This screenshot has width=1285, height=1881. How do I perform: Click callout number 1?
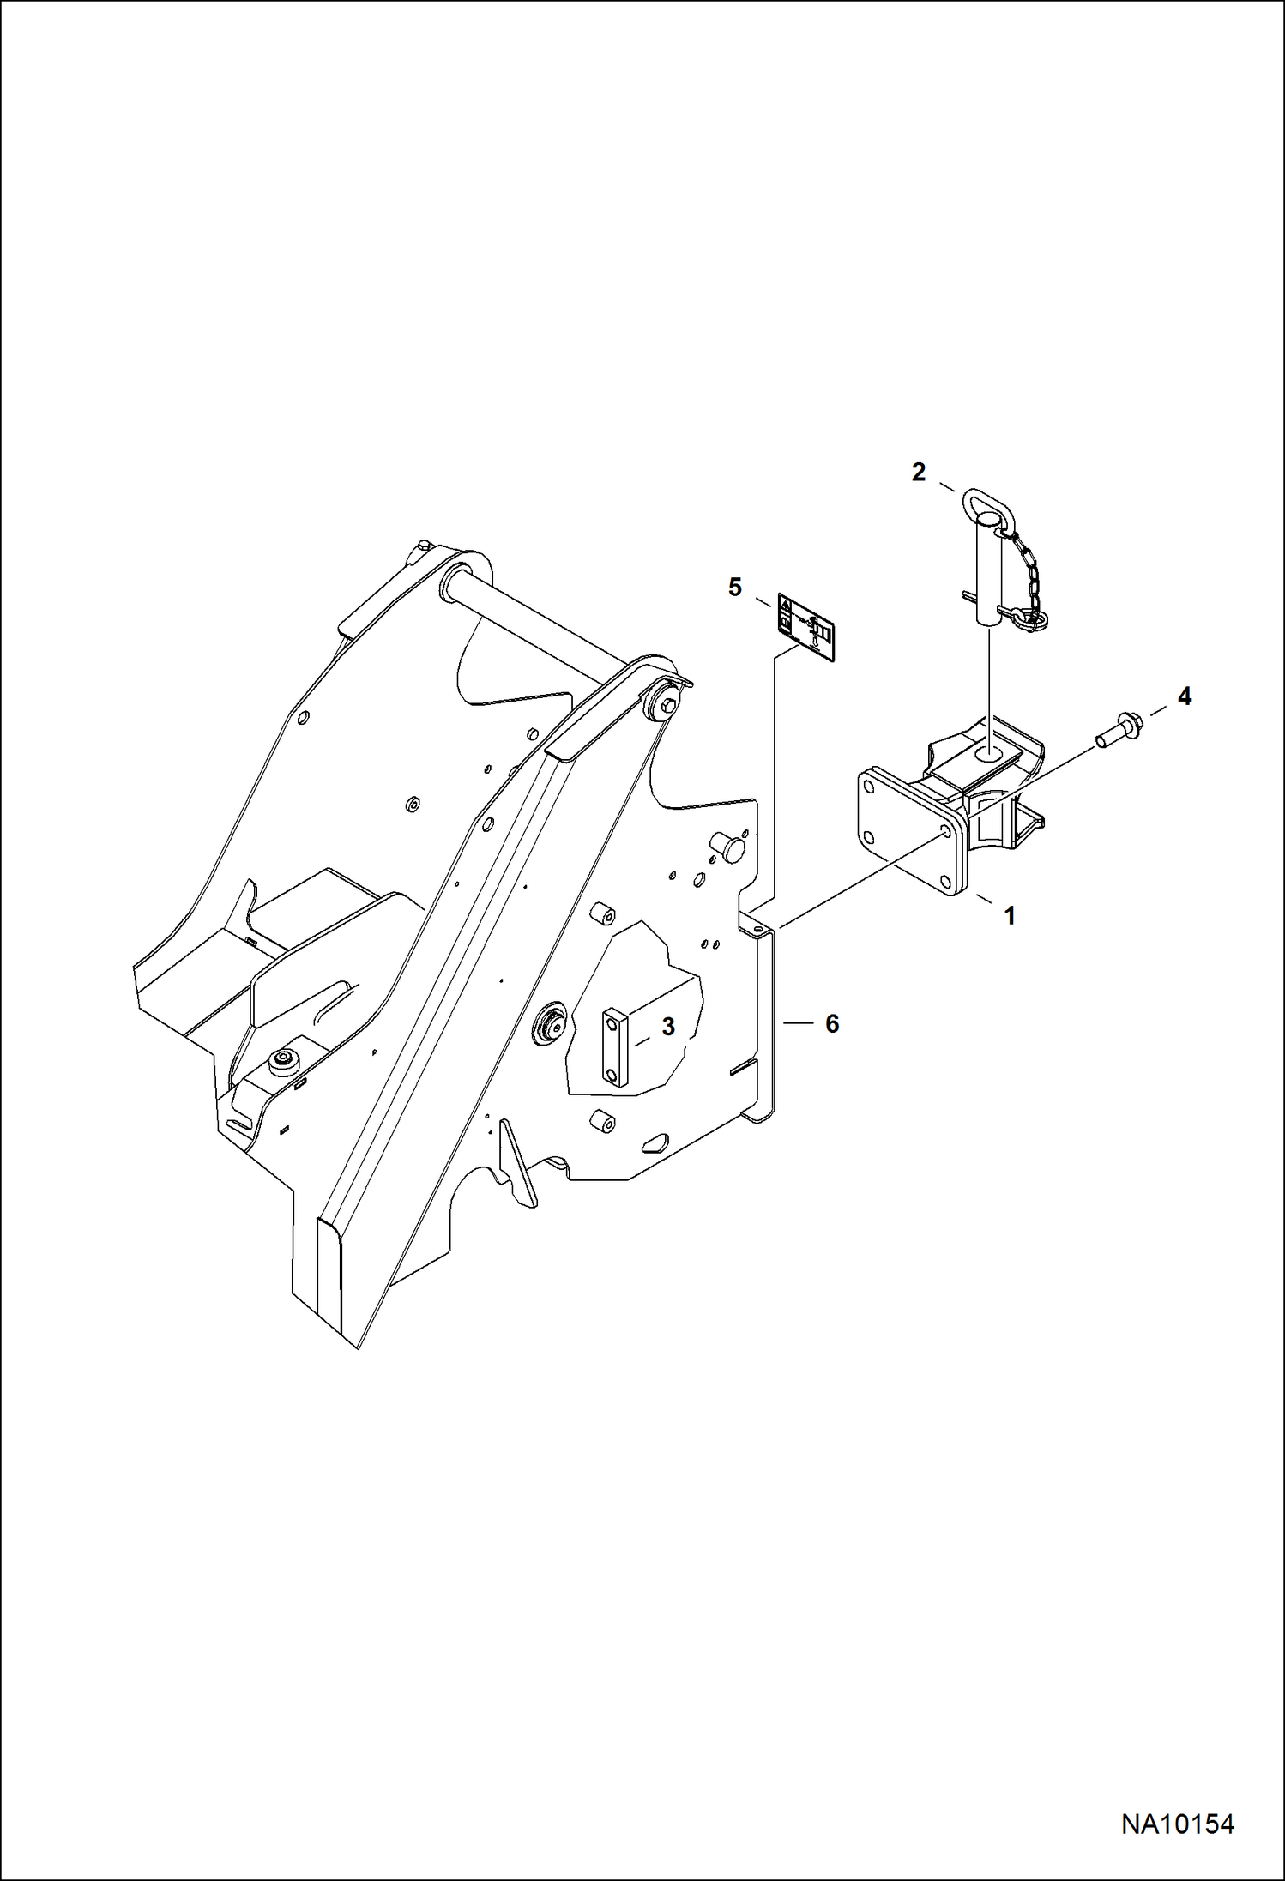tap(1010, 916)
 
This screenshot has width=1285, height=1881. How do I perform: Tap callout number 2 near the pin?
tap(919, 472)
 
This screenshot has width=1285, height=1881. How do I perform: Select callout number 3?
tap(668, 1027)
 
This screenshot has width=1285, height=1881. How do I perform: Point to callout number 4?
tap(1184, 696)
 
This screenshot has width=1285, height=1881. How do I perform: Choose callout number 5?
tap(734, 588)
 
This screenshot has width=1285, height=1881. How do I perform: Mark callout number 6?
tap(831, 1023)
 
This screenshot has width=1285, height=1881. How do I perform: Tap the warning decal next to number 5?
tap(808, 627)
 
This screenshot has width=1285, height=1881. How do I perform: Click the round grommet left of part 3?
tap(552, 1024)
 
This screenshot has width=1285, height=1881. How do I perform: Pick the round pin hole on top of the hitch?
tap(993, 751)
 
